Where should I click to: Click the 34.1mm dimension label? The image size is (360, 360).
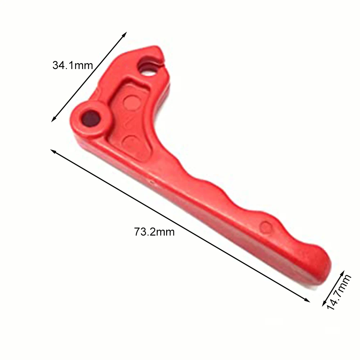coord(73,65)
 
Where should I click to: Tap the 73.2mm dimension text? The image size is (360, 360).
coord(154,232)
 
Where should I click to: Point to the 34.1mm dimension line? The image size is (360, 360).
coord(89,77)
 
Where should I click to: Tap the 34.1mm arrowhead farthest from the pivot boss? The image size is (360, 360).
coord(126,33)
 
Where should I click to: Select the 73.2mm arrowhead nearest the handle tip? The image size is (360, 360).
coord(307,301)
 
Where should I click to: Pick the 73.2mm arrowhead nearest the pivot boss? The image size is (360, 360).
coord(53,151)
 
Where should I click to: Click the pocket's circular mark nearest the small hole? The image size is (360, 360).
coord(130,100)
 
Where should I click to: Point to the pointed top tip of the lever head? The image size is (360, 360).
coord(155,47)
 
